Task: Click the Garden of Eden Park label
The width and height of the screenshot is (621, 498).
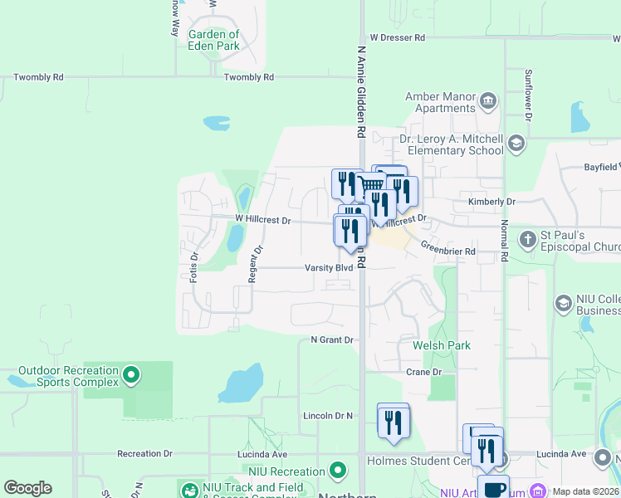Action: coord(213,40)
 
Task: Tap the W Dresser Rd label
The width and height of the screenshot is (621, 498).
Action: coord(397,37)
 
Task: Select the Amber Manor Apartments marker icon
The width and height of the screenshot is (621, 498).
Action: coord(487,102)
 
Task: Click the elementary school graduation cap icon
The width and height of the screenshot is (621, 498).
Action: coord(516,144)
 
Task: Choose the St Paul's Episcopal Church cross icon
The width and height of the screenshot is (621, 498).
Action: coord(527,240)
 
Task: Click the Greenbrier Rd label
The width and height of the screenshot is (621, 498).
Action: coord(447,251)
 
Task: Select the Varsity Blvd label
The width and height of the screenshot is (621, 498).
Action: coord(328,268)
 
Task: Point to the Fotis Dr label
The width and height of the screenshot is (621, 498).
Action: coord(193,267)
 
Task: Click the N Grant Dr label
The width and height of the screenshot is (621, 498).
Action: coord(332,340)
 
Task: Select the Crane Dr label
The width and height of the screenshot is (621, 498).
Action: coord(424,372)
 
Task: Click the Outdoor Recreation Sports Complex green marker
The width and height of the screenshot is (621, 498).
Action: coord(130,376)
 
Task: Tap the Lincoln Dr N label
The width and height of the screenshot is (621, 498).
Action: coord(328,415)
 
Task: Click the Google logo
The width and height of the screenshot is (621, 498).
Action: coord(27,488)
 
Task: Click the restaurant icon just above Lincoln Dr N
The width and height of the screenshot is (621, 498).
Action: coord(393,421)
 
